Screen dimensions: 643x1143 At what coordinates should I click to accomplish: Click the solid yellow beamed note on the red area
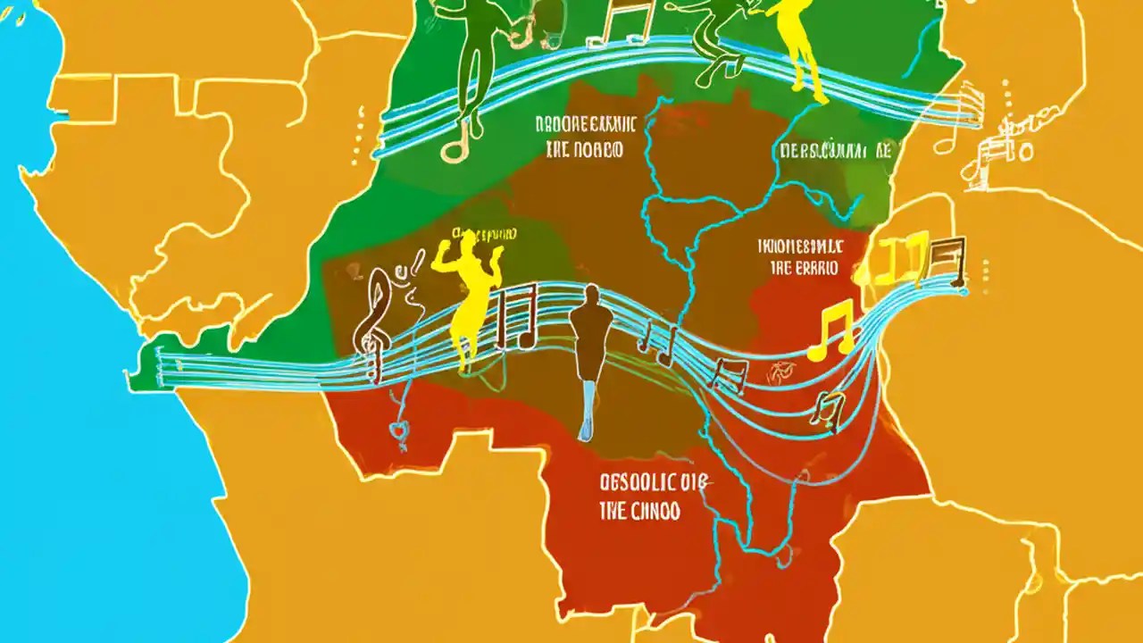[x=830, y=330]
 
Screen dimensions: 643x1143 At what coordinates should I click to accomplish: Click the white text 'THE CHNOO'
[x=639, y=512]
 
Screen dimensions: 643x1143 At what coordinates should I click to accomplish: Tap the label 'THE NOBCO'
[x=583, y=150]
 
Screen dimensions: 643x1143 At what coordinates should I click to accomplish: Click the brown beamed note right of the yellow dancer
[x=516, y=317]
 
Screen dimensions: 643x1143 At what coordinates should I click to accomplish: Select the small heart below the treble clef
[x=398, y=432]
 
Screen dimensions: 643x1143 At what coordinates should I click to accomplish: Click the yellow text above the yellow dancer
[x=485, y=234]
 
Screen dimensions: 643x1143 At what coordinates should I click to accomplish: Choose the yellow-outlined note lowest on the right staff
[x=830, y=409]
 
